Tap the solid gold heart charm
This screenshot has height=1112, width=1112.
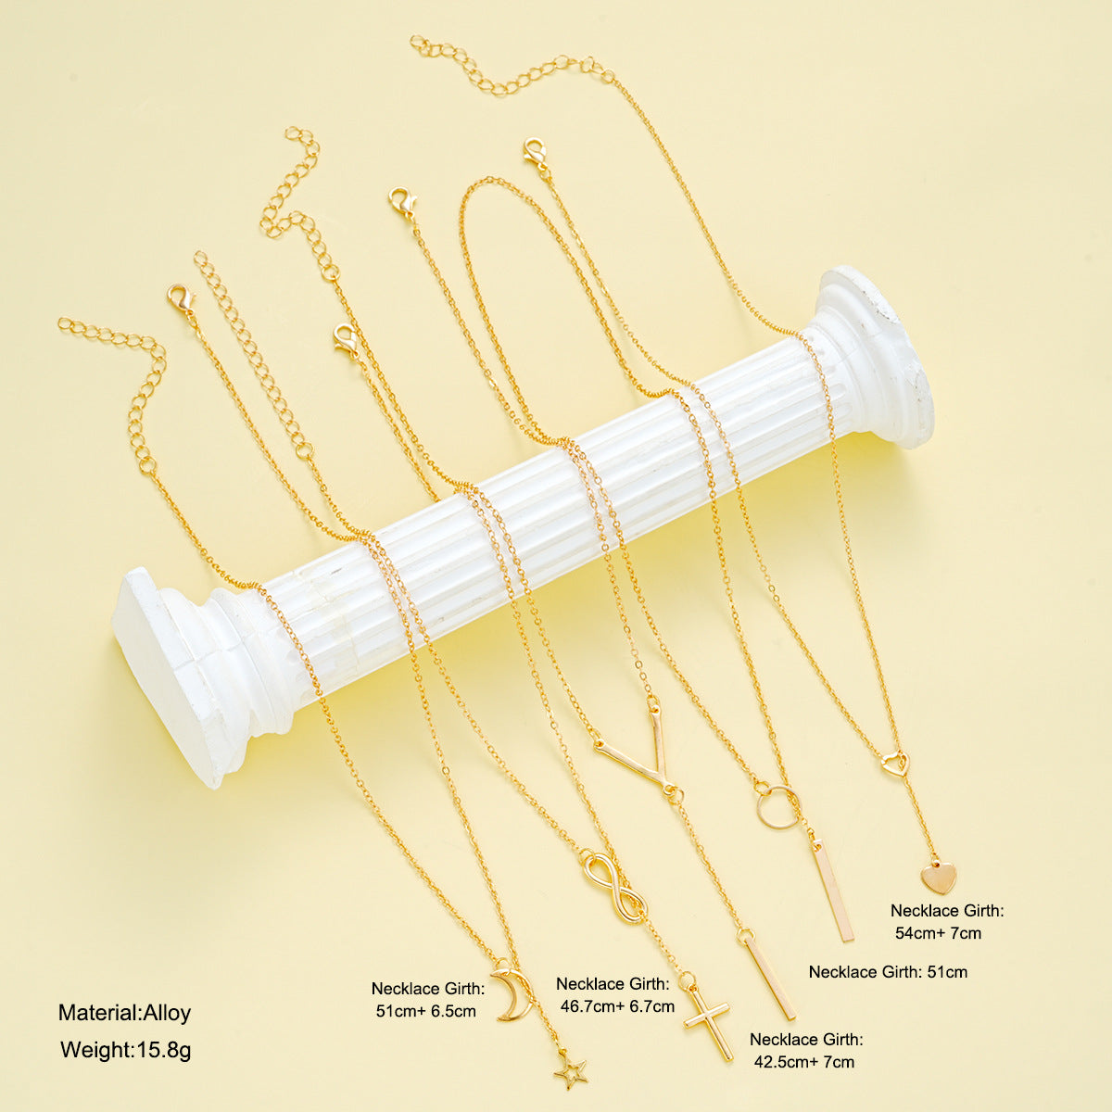click(938, 878)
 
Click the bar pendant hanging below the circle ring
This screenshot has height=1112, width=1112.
click(833, 892)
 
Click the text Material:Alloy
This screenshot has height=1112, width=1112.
click(125, 1013)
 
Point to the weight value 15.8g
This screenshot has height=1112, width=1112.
click(164, 1050)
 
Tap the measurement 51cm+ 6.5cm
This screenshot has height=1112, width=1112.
click(426, 1011)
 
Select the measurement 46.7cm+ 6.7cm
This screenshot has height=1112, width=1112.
click(617, 1006)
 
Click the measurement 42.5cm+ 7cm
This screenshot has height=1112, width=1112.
click(803, 1062)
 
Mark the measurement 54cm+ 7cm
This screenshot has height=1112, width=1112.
click(939, 932)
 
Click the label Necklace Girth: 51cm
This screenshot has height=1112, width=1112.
click(888, 972)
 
